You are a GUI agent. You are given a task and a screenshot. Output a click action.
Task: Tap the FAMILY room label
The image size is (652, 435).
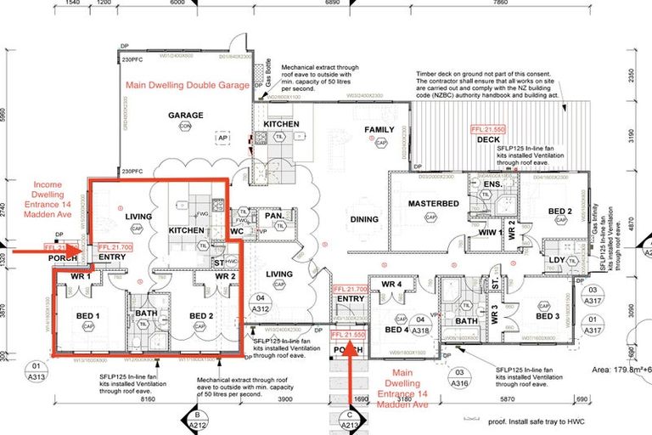[379, 130]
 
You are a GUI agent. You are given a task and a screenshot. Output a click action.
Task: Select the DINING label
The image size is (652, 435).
[364, 220]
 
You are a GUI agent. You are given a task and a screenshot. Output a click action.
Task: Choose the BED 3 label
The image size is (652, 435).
[547, 316]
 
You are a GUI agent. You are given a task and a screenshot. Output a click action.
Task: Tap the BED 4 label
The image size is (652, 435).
[397, 330]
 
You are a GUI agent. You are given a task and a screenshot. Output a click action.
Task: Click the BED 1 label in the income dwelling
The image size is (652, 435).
[88, 316]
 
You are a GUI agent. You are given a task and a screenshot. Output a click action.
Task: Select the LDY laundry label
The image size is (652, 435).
[557, 260]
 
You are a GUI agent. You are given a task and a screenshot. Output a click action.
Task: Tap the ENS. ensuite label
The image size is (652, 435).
[492, 184]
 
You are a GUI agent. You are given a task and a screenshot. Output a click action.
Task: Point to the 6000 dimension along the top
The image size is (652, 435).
[177, 3]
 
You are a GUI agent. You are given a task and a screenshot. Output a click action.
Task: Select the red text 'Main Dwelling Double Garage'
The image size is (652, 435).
[188, 86]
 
